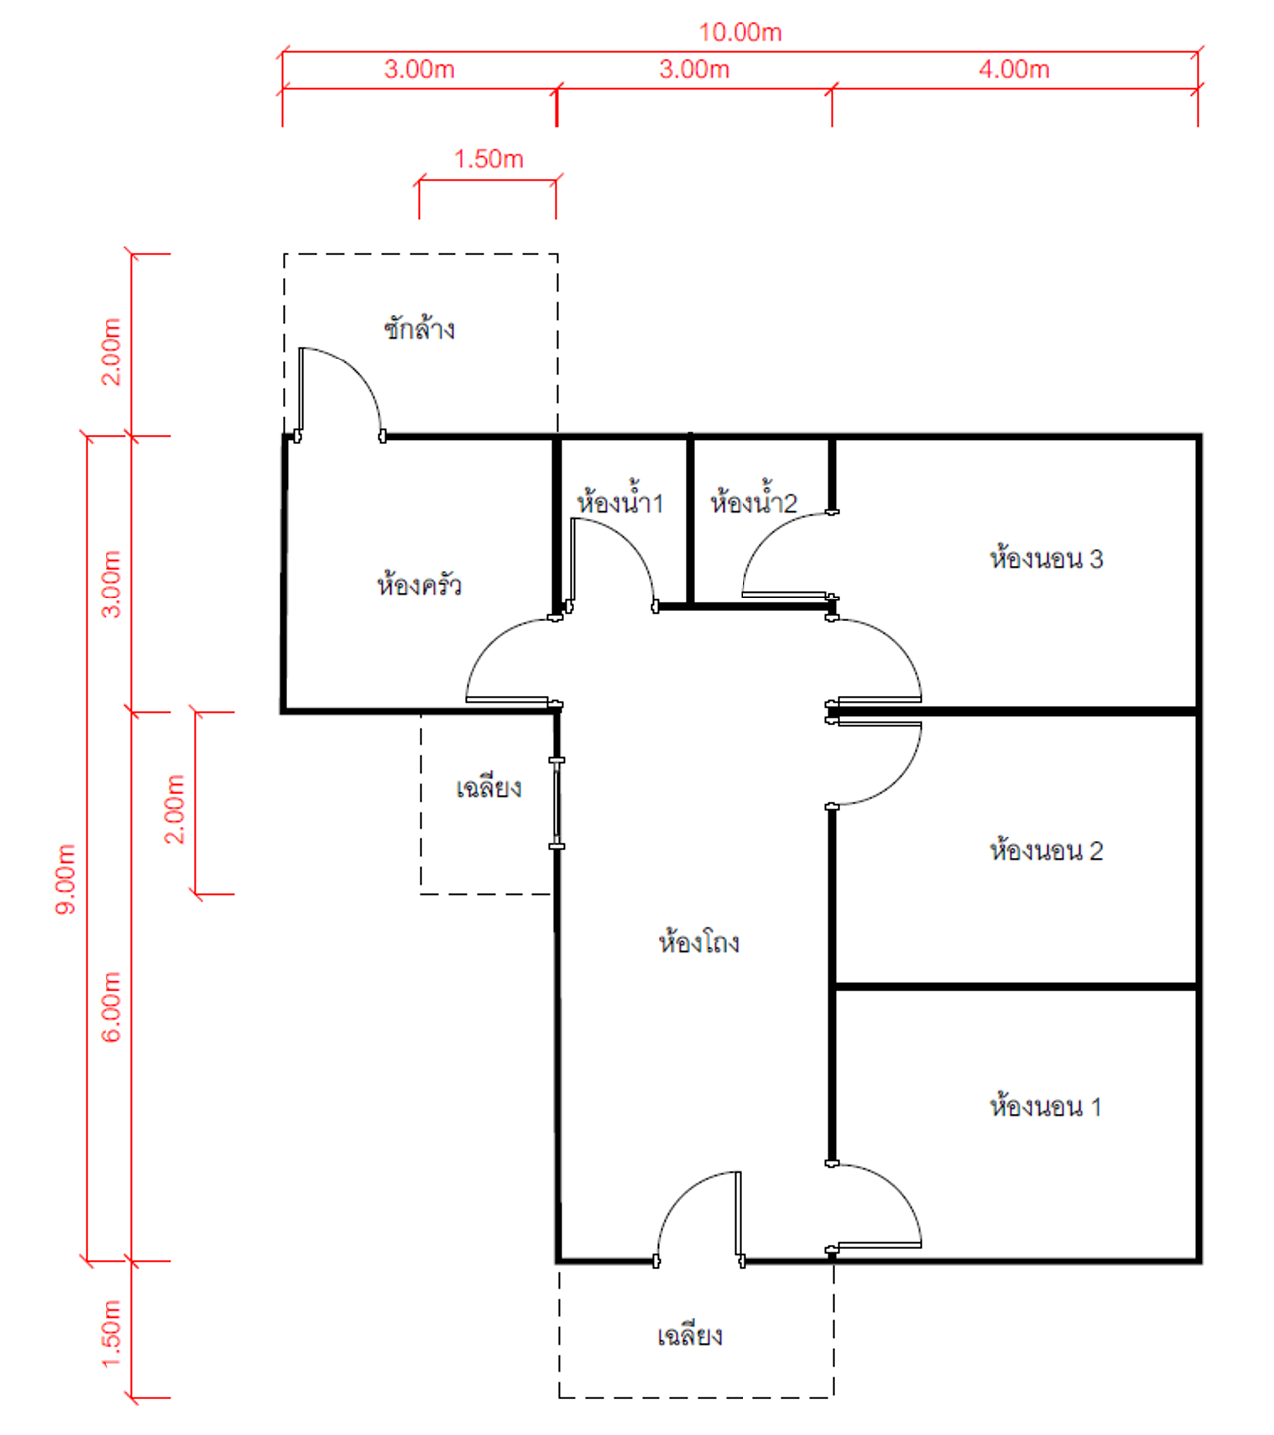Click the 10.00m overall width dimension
[x=741, y=32]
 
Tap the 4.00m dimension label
[x=1014, y=70]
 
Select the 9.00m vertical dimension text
[x=65, y=879]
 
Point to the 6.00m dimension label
[x=111, y=1007]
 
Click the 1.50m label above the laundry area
[x=488, y=159]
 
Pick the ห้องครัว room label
[x=419, y=584]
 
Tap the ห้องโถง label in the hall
[x=699, y=942]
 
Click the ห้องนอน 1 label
[x=1045, y=1106]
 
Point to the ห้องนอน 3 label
[x=1046, y=558]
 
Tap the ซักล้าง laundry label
[x=419, y=328]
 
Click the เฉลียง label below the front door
[x=689, y=1335]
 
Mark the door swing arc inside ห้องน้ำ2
[x=768, y=535]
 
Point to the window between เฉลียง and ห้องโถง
[x=557, y=804]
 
